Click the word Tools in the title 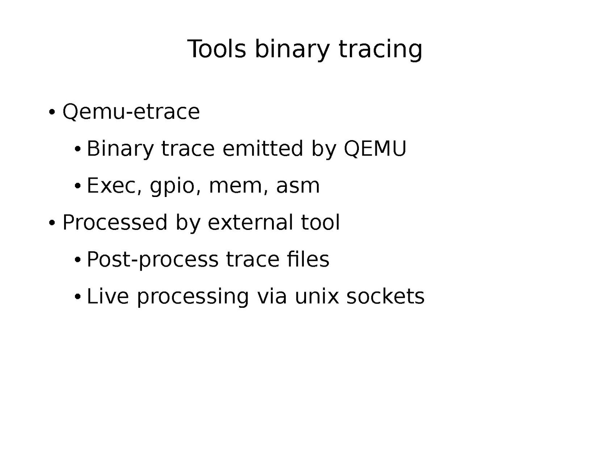[x=217, y=49]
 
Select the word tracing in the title [x=380, y=51]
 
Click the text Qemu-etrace [x=131, y=112]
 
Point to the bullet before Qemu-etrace [x=52, y=112]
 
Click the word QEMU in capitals [x=375, y=149]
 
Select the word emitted [x=263, y=149]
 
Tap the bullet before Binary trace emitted [x=78, y=149]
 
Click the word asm [x=298, y=186]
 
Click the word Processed [x=115, y=222]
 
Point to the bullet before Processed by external [x=52, y=223]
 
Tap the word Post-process [x=152, y=260]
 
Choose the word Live [x=108, y=296]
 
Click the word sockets [x=385, y=296]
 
